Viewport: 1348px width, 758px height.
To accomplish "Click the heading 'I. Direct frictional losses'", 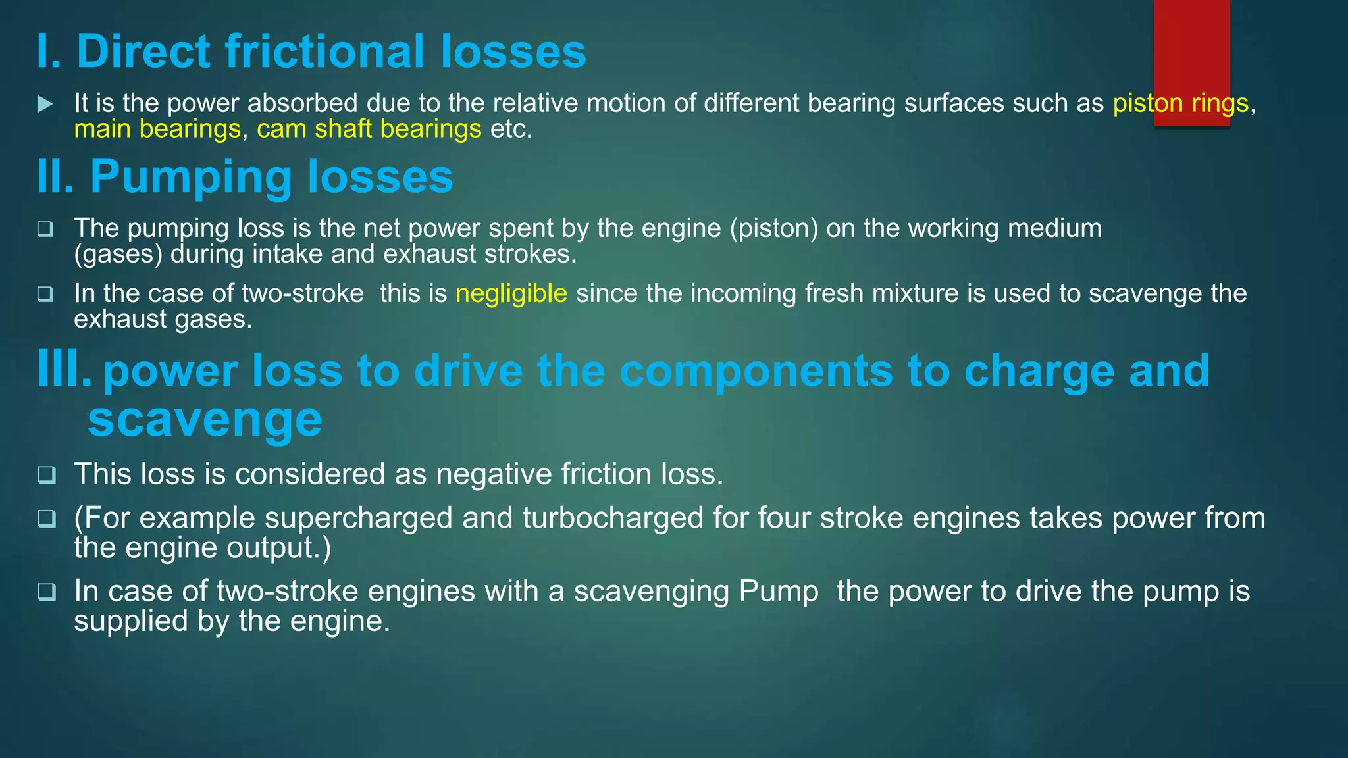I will pos(311,51).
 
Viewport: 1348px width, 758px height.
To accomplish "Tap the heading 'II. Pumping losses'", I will pos(245,176).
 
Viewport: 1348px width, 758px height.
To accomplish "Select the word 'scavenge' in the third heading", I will pos(205,420).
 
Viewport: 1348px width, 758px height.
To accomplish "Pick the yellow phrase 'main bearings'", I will pos(157,129).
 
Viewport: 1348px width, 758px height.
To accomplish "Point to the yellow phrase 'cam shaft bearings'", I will pos(369,129).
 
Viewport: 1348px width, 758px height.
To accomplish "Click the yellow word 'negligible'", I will pos(511,293).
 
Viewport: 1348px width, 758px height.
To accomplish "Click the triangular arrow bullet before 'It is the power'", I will pos(45,104).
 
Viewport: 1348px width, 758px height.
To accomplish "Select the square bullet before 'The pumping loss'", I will pos(45,229).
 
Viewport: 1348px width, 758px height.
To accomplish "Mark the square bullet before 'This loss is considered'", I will pos(46,474).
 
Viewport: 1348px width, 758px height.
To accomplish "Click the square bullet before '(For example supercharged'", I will pos(46,518).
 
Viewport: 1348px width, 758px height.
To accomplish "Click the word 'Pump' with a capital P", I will pos(779,591).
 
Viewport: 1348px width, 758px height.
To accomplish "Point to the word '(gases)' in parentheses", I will pos(118,255).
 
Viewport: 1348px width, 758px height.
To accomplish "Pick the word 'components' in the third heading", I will pos(756,371).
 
